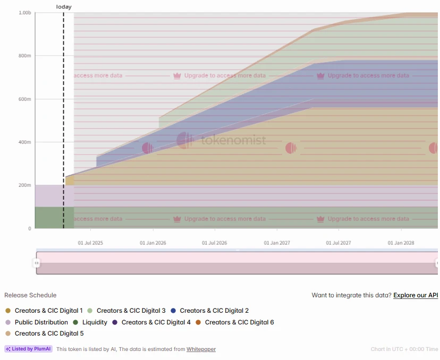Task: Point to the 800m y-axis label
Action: [x=25, y=56]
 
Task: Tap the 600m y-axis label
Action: [x=25, y=99]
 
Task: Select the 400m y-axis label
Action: [x=25, y=142]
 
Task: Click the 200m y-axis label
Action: [x=25, y=185]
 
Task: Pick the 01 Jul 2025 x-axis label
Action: [x=90, y=243]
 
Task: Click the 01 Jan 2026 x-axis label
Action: [x=153, y=243]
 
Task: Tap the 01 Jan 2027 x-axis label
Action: [x=277, y=243]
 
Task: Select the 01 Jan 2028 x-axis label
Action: [x=401, y=243]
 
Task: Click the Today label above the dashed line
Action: [x=64, y=7]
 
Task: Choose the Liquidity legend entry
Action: [x=95, y=322]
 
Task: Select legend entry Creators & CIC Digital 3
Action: [x=131, y=311]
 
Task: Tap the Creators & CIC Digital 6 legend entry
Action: [x=239, y=322]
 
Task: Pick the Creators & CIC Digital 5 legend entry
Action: [x=49, y=333]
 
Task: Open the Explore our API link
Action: [x=416, y=295]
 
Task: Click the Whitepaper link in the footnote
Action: [x=201, y=349]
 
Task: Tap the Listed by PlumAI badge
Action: [x=29, y=349]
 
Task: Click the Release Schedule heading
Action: [x=30, y=295]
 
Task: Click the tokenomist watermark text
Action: [x=233, y=141]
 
